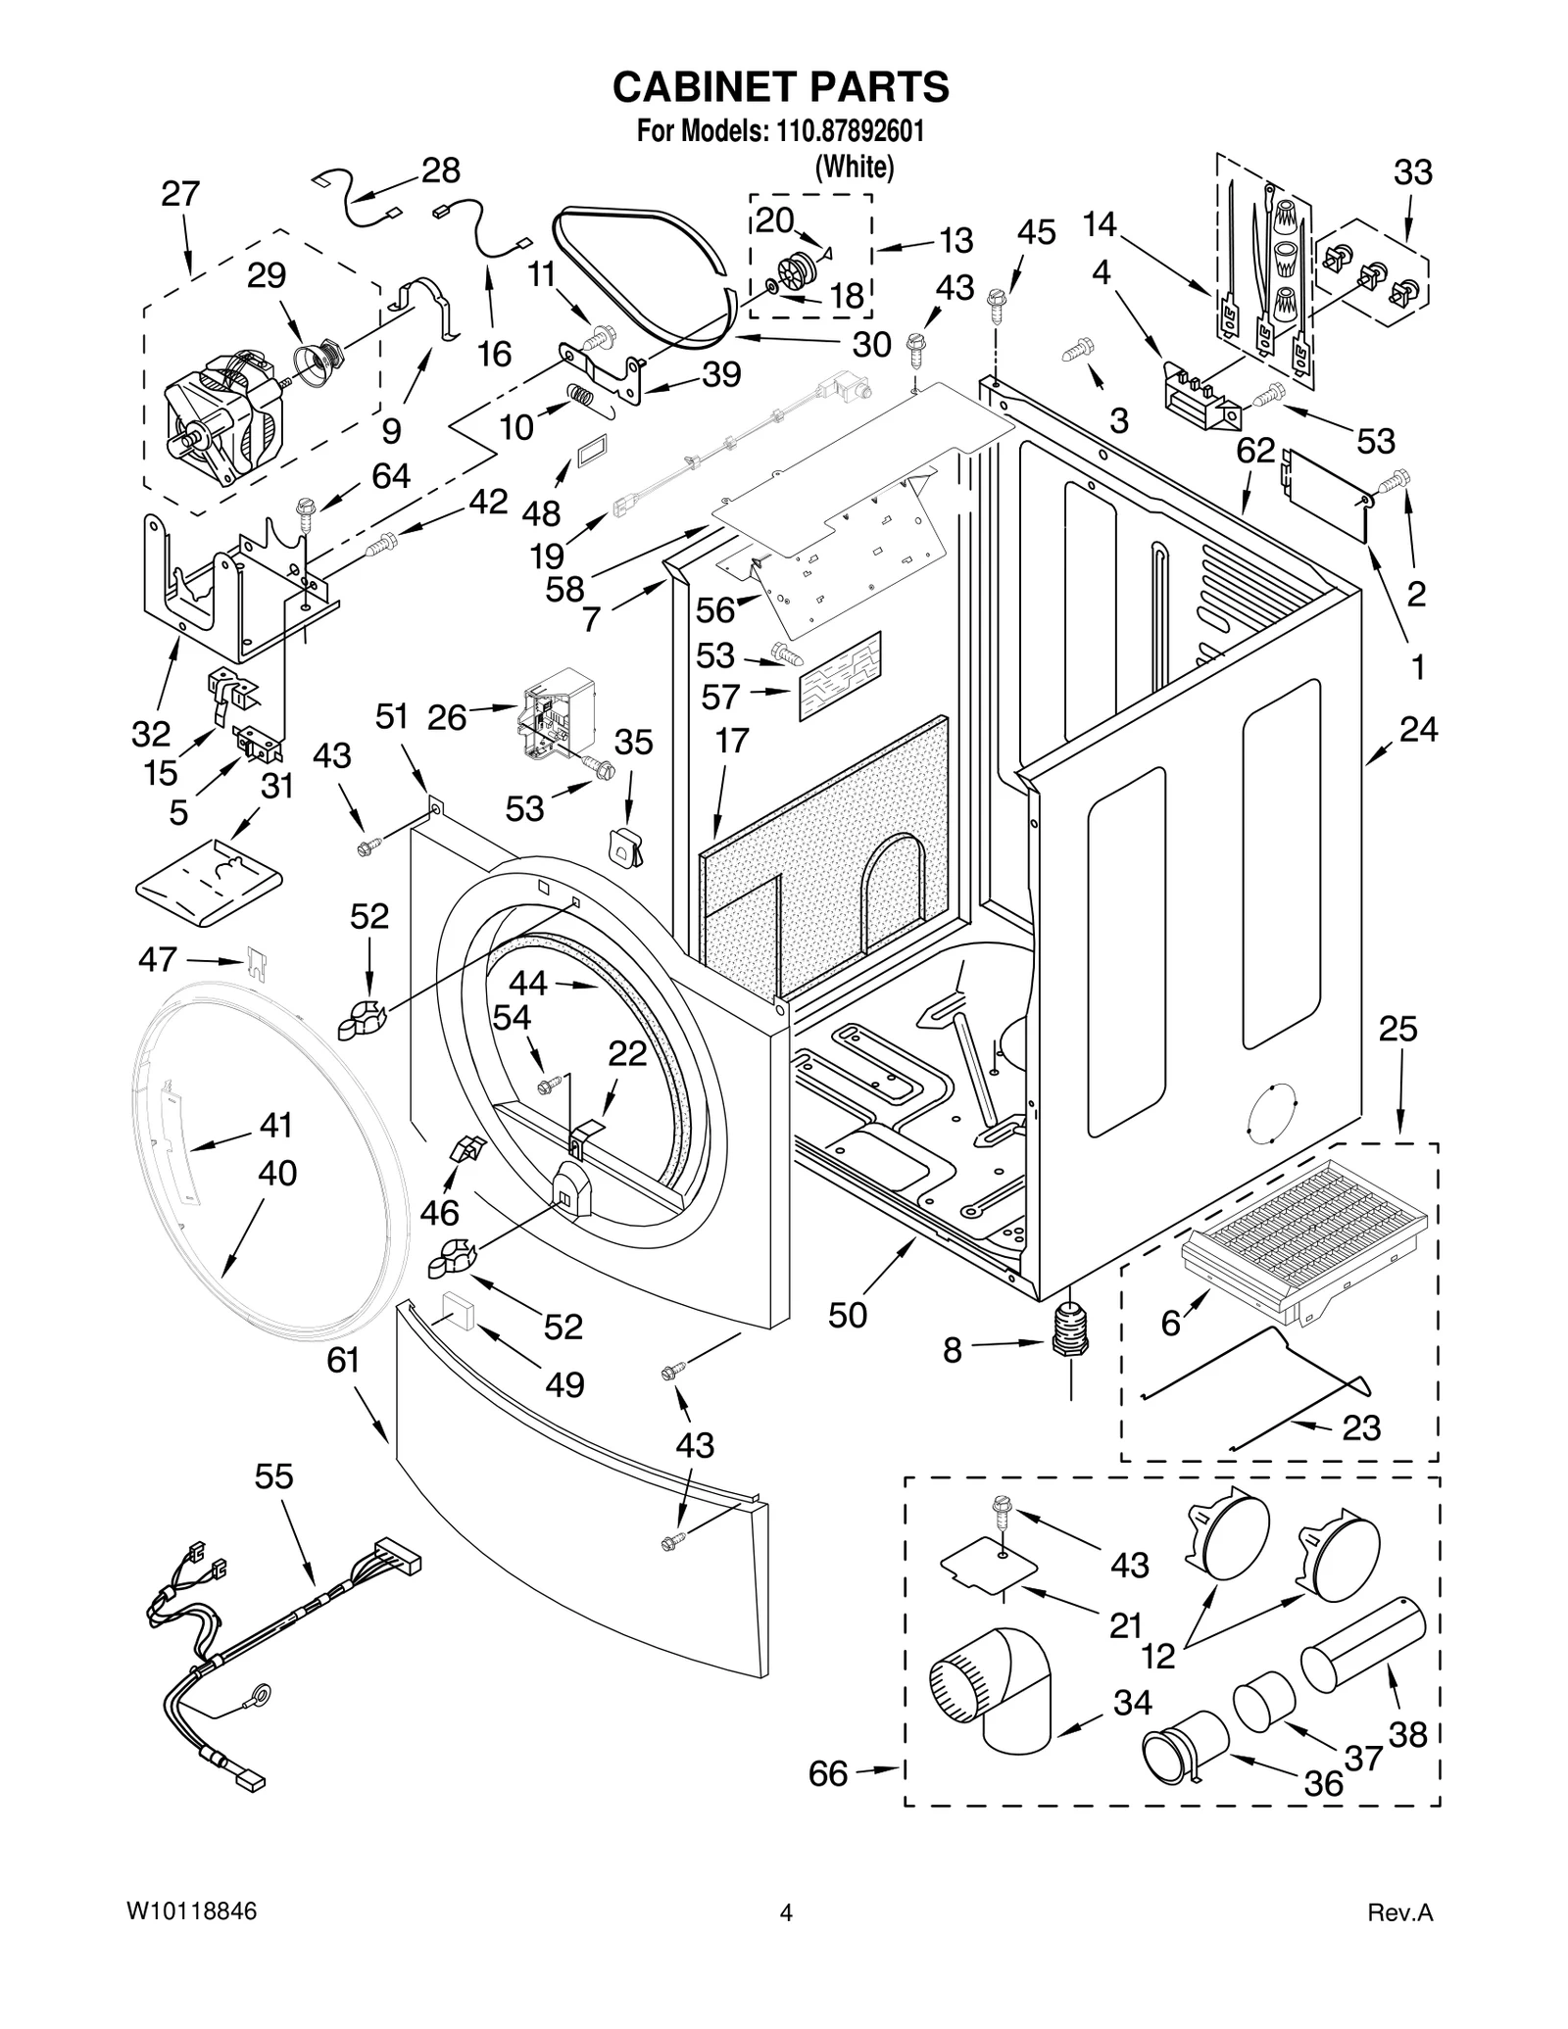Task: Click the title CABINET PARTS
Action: tap(780, 86)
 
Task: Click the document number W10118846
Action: tap(192, 1911)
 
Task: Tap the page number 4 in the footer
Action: tap(785, 1912)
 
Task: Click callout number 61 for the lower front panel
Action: tap(343, 1360)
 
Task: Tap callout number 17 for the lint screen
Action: tap(731, 741)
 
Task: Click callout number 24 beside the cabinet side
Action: tap(1417, 729)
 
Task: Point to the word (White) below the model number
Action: tap(855, 168)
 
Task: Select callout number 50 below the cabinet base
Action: tap(848, 1315)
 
